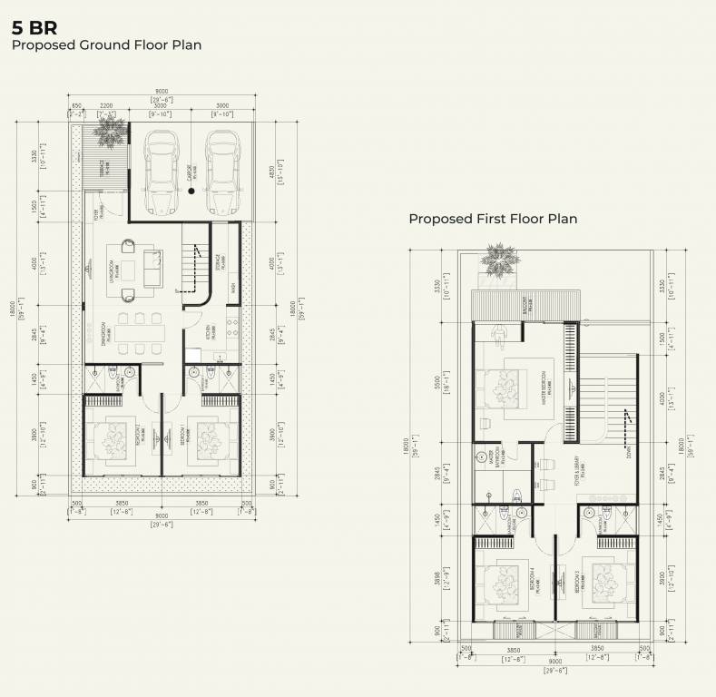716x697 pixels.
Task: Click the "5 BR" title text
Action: click(34, 27)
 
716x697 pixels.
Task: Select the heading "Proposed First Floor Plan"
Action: click(493, 219)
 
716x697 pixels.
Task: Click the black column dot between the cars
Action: click(191, 191)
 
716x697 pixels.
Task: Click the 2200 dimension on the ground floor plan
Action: click(106, 106)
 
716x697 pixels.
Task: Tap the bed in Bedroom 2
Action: click(116, 439)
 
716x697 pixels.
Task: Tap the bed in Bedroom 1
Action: click(207, 439)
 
